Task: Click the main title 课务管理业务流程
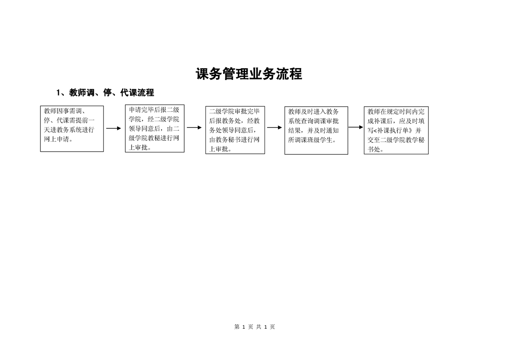[249, 74]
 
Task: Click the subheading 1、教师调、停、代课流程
[105, 93]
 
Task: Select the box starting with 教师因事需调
[72, 128]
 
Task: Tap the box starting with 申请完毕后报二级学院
[155, 128]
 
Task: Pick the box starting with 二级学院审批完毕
[235, 130]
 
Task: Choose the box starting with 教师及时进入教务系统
[316, 130]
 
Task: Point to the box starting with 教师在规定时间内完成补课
[396, 130]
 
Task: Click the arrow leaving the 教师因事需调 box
[113, 128]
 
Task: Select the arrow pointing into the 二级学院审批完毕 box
[194, 128]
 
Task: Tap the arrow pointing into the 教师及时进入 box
[274, 128]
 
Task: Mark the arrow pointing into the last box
[356, 127]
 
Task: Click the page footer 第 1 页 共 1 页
[254, 327]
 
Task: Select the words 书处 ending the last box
[374, 149]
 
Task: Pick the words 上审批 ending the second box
[138, 148]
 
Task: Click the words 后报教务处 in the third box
[225, 121]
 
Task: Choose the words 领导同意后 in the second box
[144, 128]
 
